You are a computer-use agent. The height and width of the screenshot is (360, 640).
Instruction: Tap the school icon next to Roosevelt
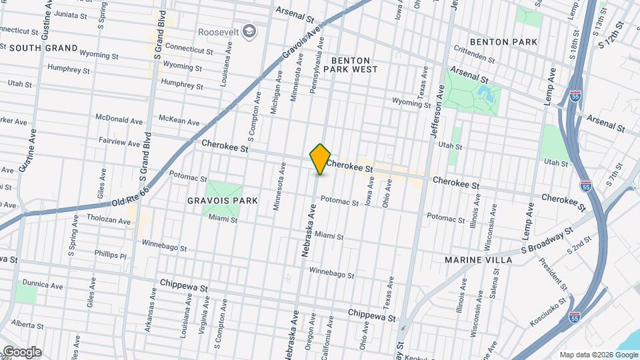click(249, 31)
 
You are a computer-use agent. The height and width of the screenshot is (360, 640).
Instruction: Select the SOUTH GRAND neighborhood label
click(43, 48)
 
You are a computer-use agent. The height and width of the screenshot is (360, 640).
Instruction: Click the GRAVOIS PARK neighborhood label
click(213, 201)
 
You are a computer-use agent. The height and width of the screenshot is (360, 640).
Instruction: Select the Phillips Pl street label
click(110, 255)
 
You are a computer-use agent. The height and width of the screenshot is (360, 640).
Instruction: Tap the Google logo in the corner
click(21, 352)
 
